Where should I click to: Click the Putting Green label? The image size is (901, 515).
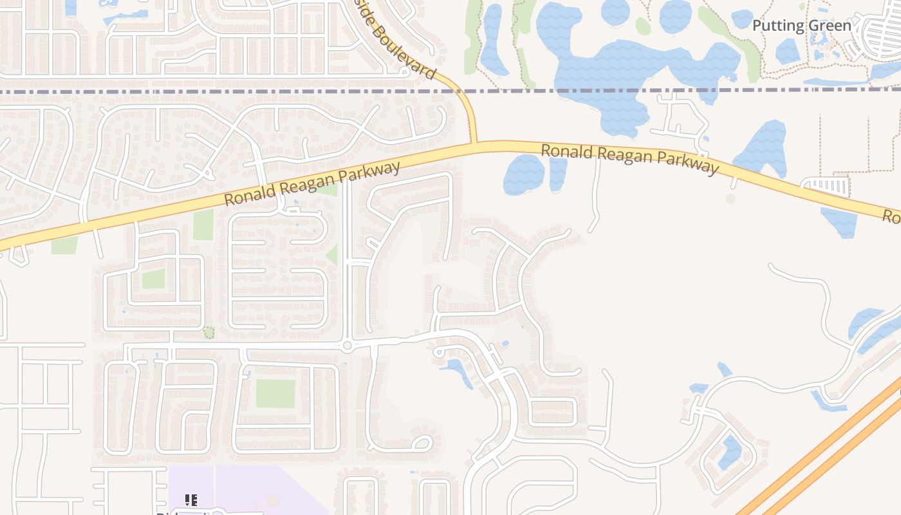click(x=801, y=26)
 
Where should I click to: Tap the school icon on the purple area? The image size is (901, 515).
click(x=190, y=500)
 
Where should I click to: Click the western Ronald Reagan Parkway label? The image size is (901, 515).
click(x=312, y=184)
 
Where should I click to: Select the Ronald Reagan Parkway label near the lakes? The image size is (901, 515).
click(x=629, y=159)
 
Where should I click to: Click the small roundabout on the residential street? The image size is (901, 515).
click(x=348, y=346)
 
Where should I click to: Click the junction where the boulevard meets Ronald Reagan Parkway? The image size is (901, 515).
click(x=474, y=144)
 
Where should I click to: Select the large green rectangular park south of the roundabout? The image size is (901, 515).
click(x=275, y=393)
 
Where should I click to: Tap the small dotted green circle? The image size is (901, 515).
click(x=209, y=333)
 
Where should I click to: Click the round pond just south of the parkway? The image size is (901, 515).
click(x=523, y=174)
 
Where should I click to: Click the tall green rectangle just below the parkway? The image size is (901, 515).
click(x=203, y=225)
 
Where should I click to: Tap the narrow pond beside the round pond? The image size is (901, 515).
click(x=558, y=174)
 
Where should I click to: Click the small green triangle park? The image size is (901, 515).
click(x=333, y=256)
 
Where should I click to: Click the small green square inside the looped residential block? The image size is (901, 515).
click(x=153, y=279)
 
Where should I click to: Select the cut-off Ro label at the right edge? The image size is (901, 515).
click(x=891, y=217)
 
